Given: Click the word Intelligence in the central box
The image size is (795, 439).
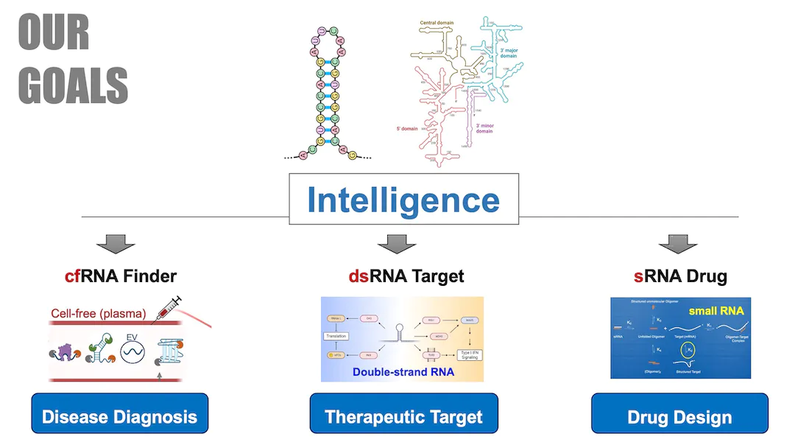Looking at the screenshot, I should point(403,200).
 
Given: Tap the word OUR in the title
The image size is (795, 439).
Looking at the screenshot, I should point(54,33).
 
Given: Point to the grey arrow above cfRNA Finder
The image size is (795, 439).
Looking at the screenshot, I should point(116,244).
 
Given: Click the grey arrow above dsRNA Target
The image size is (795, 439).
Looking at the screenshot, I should point(397,244).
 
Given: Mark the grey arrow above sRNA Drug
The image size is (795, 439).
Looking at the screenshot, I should point(678,244).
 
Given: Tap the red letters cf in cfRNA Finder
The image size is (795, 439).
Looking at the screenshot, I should point(71,277).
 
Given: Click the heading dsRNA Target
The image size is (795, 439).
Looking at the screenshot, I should point(406,277).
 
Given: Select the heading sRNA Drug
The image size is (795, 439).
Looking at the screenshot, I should point(680,277).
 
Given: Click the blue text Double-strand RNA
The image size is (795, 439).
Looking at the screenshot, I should point(403,372).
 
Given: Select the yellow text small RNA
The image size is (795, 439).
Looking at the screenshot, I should point(716,311).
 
